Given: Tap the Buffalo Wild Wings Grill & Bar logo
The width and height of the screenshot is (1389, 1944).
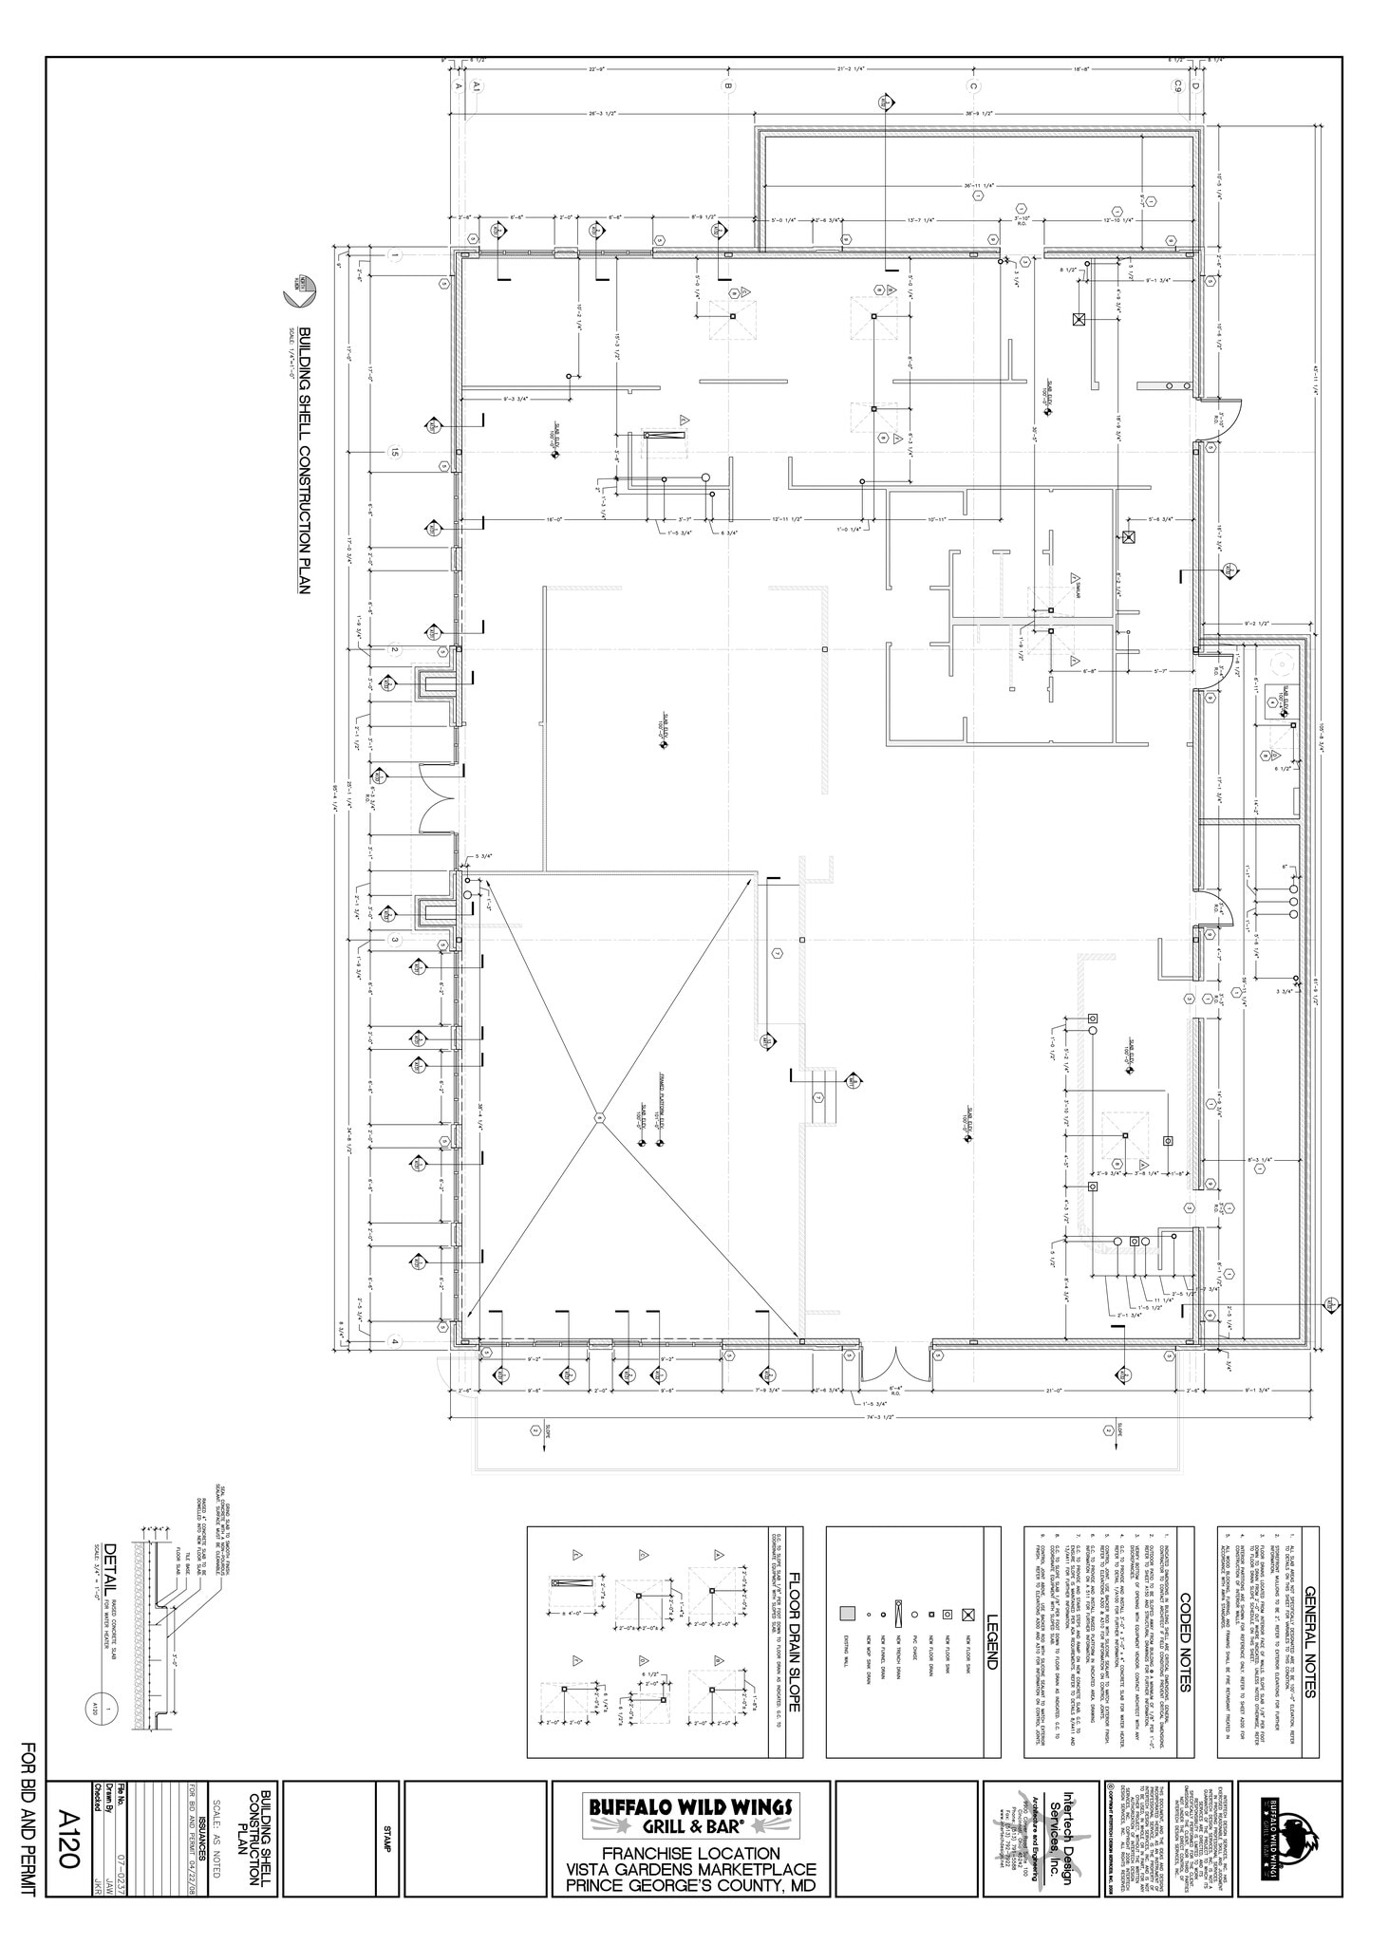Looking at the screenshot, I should tap(691, 1813).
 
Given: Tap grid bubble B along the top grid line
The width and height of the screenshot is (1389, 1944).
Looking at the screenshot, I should tap(728, 85).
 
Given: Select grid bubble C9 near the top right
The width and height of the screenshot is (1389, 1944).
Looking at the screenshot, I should tap(1177, 85).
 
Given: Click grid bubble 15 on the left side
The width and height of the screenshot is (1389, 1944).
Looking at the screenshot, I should tap(394, 452).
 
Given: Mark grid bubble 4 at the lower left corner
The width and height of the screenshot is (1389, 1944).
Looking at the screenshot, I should tap(394, 1341).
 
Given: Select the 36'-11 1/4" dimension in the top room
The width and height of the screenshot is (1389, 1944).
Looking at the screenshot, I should tap(978, 186).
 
